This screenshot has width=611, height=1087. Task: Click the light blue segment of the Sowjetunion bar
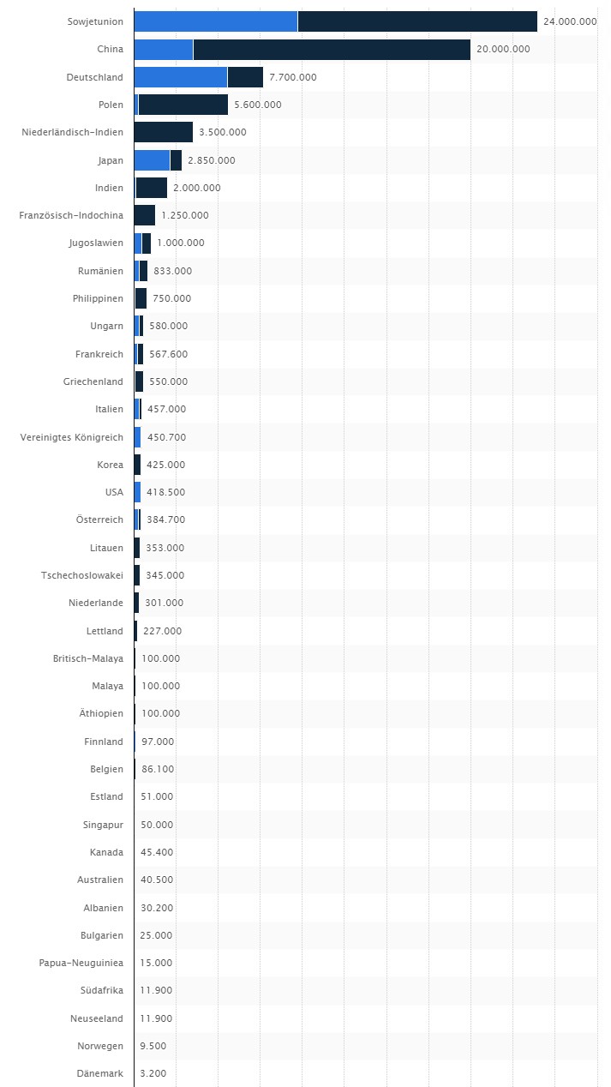216,21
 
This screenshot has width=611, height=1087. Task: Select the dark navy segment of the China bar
332,49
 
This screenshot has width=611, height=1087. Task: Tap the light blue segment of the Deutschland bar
181,77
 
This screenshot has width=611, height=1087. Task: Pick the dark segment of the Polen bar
183,105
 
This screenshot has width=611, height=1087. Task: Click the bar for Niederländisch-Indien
164,132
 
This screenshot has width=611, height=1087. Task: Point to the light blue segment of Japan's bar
153,159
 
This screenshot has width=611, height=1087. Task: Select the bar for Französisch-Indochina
145,215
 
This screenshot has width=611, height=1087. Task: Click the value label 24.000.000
570,21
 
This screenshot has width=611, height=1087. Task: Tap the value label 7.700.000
292,77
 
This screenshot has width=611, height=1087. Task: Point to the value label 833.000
172,271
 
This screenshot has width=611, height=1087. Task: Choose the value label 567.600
168,354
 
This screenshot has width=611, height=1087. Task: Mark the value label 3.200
153,1073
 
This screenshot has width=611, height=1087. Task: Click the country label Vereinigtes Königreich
72,437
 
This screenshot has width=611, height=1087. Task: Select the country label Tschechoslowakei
82,575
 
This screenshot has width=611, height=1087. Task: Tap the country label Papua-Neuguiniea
81,963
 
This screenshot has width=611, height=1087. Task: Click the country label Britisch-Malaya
88,658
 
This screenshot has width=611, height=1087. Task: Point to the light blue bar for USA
137,492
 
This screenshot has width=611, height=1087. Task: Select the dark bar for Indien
152,188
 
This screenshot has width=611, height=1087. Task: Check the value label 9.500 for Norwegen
153,1046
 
